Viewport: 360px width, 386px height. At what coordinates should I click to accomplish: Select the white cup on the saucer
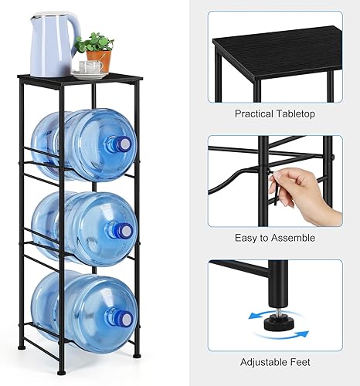point(90,67)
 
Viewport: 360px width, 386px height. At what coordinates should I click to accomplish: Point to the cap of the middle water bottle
point(124,229)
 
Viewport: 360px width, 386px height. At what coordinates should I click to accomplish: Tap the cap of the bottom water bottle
point(124,317)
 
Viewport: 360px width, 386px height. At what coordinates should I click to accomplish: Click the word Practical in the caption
point(256,113)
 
